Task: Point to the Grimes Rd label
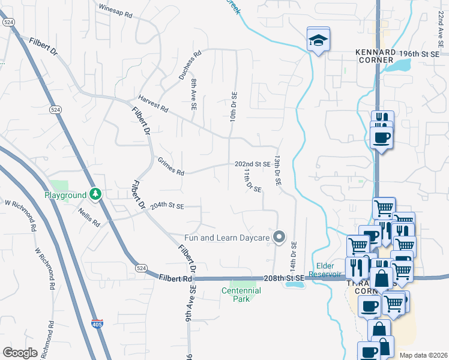click(x=171, y=166)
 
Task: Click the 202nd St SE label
click(x=252, y=164)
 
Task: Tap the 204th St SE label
click(x=167, y=206)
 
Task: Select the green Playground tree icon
click(x=95, y=194)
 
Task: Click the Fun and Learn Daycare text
click(x=228, y=238)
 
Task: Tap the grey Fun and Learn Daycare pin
click(x=279, y=237)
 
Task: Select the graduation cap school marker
click(x=318, y=40)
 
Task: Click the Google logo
click(x=20, y=353)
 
